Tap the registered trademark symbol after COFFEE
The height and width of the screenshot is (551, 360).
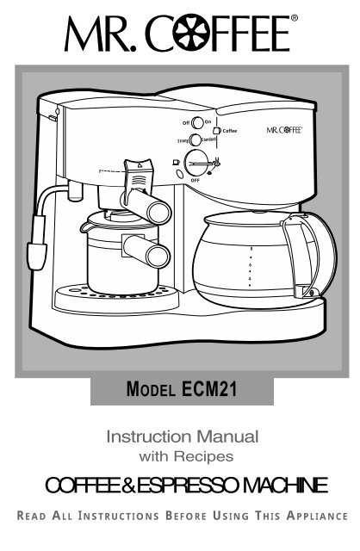(295, 18)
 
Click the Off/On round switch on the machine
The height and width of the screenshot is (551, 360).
(197, 123)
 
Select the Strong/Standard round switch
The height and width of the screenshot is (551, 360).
(195, 139)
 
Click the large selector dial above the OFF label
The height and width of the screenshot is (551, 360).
(196, 163)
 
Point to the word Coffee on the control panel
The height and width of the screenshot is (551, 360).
(230, 131)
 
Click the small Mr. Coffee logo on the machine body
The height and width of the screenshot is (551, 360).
(284, 130)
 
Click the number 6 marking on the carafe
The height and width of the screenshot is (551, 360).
(250, 264)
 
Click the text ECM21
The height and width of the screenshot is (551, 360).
(209, 389)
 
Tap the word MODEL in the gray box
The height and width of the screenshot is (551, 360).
(151, 389)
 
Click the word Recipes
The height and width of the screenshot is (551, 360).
(203, 456)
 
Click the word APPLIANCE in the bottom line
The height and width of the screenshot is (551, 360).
(317, 516)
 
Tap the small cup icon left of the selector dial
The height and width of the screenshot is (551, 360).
(176, 163)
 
